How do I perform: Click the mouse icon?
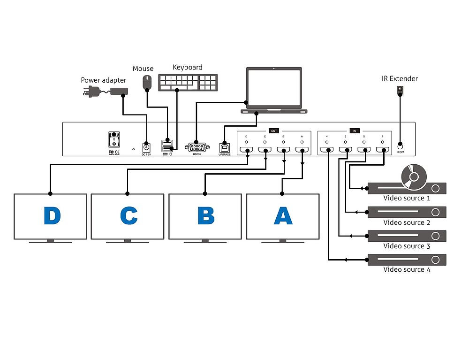click(x=148, y=82)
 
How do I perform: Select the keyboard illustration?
click(x=187, y=82)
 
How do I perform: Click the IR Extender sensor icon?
click(x=400, y=89)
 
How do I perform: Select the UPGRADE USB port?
click(x=225, y=146)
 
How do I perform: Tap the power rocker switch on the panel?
click(x=114, y=140)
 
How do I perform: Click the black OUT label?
click(x=274, y=130)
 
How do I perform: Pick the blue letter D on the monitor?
click(x=52, y=216)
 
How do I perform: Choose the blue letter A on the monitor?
click(x=283, y=216)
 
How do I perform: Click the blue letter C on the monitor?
click(x=129, y=216)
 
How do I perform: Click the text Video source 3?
click(x=407, y=246)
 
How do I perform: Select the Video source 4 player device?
click(x=406, y=260)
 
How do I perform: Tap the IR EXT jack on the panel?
click(x=400, y=146)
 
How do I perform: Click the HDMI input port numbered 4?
click(x=326, y=151)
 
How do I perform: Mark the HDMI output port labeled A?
click(x=302, y=151)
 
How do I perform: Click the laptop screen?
click(x=274, y=88)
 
